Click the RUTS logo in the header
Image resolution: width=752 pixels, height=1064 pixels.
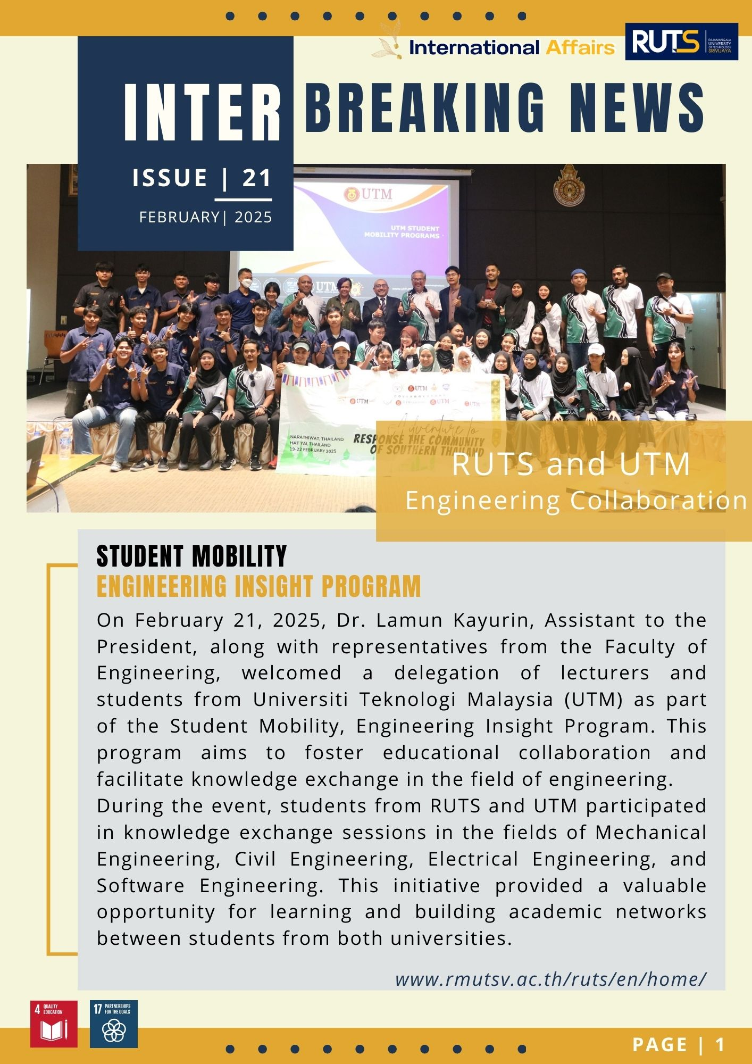click(681, 41)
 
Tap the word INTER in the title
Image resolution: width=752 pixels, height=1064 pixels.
click(203, 113)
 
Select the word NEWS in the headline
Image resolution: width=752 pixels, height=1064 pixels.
click(637, 108)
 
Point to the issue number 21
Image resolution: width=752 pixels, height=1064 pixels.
click(257, 178)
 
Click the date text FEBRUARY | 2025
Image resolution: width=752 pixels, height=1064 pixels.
click(205, 217)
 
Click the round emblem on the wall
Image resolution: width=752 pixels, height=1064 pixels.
click(569, 186)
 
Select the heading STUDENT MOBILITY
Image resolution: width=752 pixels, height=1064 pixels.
click(191, 556)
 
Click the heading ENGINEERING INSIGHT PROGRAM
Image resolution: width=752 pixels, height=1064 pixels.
click(258, 586)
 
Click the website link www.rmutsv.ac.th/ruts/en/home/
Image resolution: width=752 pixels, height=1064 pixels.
click(550, 979)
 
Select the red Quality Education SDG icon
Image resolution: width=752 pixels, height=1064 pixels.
click(54, 1024)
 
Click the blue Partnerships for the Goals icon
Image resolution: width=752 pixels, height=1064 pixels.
click(114, 1024)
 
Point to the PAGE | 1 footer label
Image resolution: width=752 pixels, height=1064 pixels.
click(679, 1045)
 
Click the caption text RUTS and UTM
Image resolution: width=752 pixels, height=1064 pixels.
click(571, 464)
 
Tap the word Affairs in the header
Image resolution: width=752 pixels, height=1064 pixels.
click(580, 48)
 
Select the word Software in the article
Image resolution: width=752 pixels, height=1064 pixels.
click(140, 886)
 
